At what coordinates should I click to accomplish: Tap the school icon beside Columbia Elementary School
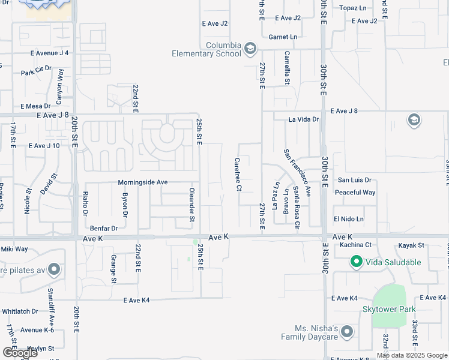250,49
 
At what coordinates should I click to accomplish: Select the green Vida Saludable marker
356,262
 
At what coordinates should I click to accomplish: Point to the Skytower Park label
388,310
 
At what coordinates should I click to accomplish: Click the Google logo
20,353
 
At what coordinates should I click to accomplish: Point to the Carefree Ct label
238,175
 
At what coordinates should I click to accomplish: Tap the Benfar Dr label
103,229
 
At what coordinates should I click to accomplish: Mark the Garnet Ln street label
283,37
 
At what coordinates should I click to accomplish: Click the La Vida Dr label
304,119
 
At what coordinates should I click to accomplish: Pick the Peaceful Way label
355,193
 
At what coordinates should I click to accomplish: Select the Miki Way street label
14,249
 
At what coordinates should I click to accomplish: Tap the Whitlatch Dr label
20,311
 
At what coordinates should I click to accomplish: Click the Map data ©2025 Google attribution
411,355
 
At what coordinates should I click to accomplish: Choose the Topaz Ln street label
352,8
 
